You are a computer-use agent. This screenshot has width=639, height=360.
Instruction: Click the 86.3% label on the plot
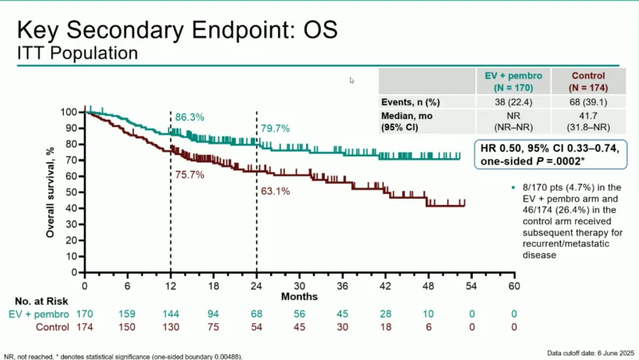pos(189,117)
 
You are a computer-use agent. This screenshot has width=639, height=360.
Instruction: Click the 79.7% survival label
pos(275,129)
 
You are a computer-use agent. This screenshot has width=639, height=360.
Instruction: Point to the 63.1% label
pos(275,192)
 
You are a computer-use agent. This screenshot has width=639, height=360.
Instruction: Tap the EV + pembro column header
pos(514,81)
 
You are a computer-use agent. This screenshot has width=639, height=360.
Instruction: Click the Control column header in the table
pos(589,81)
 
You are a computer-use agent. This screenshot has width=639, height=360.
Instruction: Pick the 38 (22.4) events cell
pos(514,102)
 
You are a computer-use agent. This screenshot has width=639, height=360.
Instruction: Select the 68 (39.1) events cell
pos(589,102)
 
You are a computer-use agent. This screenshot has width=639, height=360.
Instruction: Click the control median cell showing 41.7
pos(589,122)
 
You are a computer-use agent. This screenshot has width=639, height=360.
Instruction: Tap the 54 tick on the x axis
pos(471,286)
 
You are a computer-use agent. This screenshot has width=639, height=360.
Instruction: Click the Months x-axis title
pos(299,296)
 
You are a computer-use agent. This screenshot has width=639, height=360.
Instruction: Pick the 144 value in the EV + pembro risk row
pos(169,315)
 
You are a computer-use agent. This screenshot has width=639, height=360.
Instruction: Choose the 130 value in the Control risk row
pos(169,327)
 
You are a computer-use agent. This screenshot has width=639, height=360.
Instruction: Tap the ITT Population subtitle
pos(77,53)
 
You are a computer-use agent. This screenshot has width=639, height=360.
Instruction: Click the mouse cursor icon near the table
pos(352,80)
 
